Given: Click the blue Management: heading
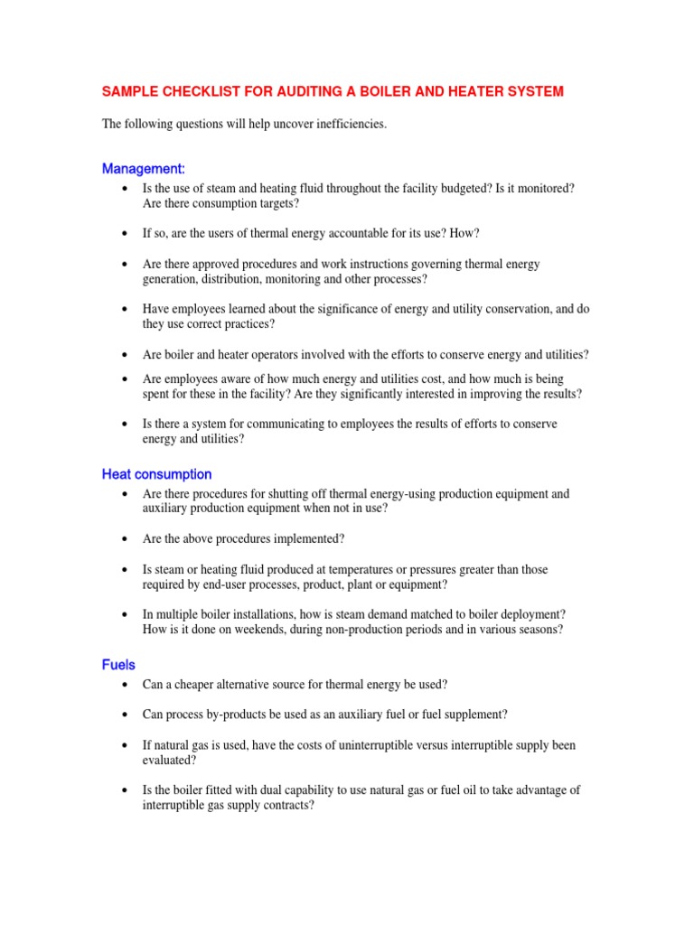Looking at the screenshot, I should [144, 168].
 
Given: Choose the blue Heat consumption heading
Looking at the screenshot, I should [157, 474].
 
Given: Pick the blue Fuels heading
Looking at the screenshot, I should [118, 665].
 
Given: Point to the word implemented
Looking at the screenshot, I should [310, 539].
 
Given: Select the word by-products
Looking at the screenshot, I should [232, 715].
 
